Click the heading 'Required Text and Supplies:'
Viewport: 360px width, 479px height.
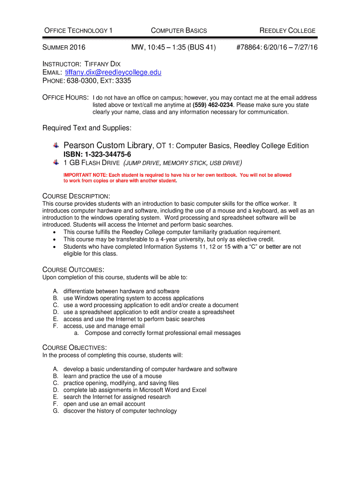87,128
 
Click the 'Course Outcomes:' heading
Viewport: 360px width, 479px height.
73,270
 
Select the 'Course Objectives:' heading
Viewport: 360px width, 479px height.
74,348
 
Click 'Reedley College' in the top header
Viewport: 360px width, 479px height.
287,31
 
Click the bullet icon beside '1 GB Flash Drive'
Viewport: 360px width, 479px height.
56,162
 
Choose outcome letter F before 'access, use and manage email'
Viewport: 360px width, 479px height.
55,326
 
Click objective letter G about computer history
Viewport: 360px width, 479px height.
56,411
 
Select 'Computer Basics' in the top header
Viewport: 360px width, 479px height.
179,31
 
